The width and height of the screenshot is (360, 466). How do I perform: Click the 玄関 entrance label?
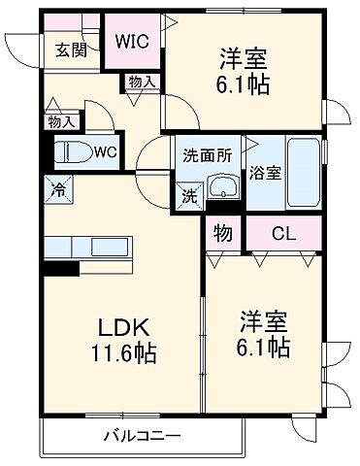[69, 50]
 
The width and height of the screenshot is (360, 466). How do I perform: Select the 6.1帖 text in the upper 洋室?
[243, 84]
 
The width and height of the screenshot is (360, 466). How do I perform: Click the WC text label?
[106, 152]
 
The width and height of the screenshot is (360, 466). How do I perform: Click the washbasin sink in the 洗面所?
[222, 186]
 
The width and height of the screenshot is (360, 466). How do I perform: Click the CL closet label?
[283, 233]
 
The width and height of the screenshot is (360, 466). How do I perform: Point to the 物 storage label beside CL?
[223, 234]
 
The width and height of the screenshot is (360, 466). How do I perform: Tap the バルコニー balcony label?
[139, 436]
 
